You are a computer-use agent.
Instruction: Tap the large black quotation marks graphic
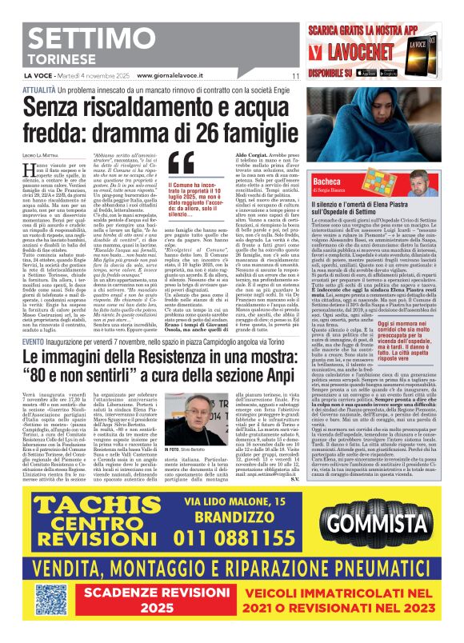pyautogui.click(x=182, y=163)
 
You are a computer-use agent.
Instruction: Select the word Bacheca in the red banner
pyautogui.click(x=326, y=182)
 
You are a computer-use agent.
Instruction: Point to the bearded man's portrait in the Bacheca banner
pyautogui.click(x=423, y=182)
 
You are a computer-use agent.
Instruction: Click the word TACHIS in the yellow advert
pyautogui.click(x=87, y=507)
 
